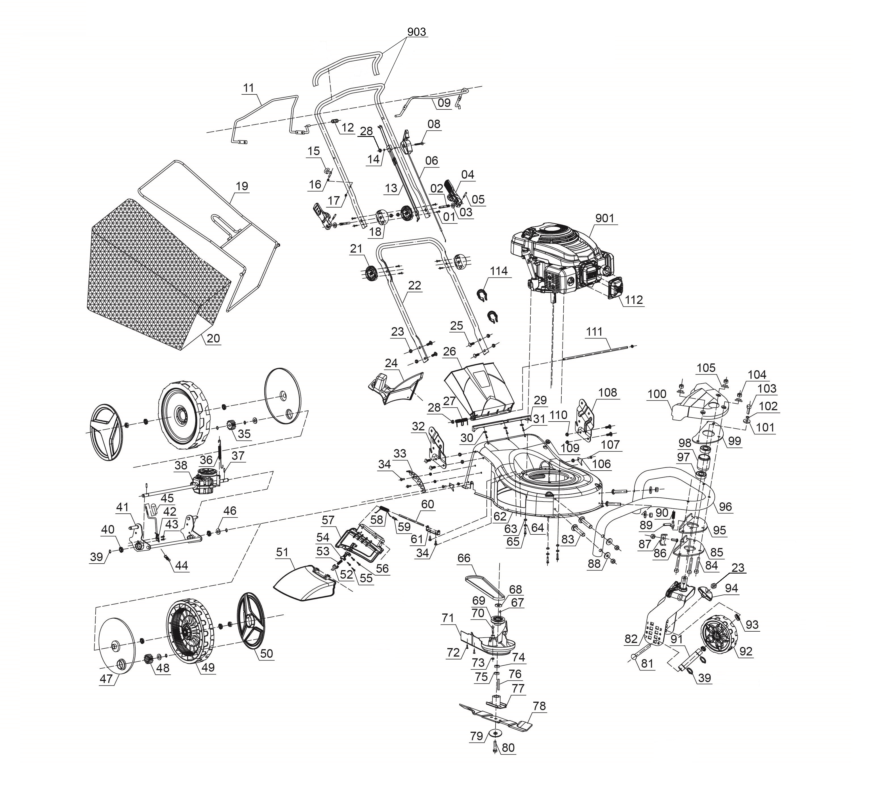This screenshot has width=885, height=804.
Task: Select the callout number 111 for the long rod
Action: tap(594, 332)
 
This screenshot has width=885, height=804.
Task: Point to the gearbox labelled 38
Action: tap(205, 482)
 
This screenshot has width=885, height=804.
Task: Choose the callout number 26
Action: tap(450, 352)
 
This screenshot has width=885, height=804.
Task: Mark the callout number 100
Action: tap(657, 394)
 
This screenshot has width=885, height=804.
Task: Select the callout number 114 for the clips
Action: tap(499, 271)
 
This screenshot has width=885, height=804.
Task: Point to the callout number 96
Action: tap(725, 507)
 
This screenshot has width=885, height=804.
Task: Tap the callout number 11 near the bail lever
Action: tap(248, 88)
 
